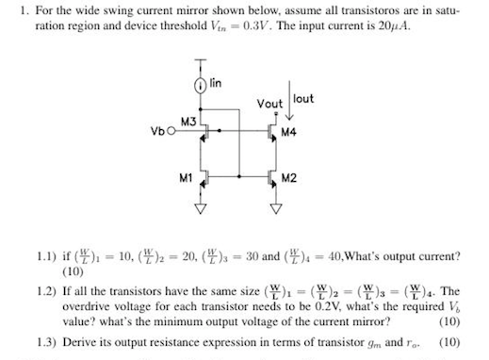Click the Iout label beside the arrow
[x=303, y=98]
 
